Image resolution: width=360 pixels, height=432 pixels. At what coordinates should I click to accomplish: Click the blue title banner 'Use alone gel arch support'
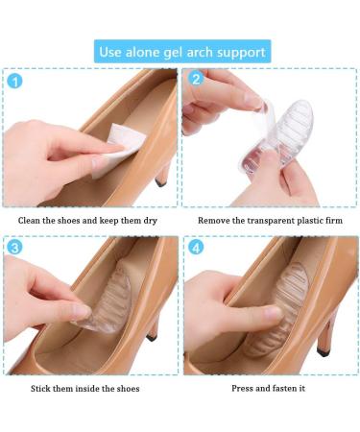[x=180, y=50]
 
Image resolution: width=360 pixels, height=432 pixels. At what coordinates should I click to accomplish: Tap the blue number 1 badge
[x=14, y=81]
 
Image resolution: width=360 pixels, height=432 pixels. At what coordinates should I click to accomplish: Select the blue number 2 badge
[x=195, y=81]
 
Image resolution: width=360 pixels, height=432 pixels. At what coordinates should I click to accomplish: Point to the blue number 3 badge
[x=14, y=249]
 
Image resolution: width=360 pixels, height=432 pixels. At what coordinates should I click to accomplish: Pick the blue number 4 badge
[x=195, y=249]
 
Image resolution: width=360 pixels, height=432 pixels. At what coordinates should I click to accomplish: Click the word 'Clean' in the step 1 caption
[x=30, y=220]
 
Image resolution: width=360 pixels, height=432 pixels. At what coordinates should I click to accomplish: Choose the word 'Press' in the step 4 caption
[x=244, y=388]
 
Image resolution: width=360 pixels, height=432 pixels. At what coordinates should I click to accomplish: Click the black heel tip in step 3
[x=154, y=339]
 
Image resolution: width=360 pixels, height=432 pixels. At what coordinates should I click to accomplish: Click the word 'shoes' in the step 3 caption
[x=124, y=388]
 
